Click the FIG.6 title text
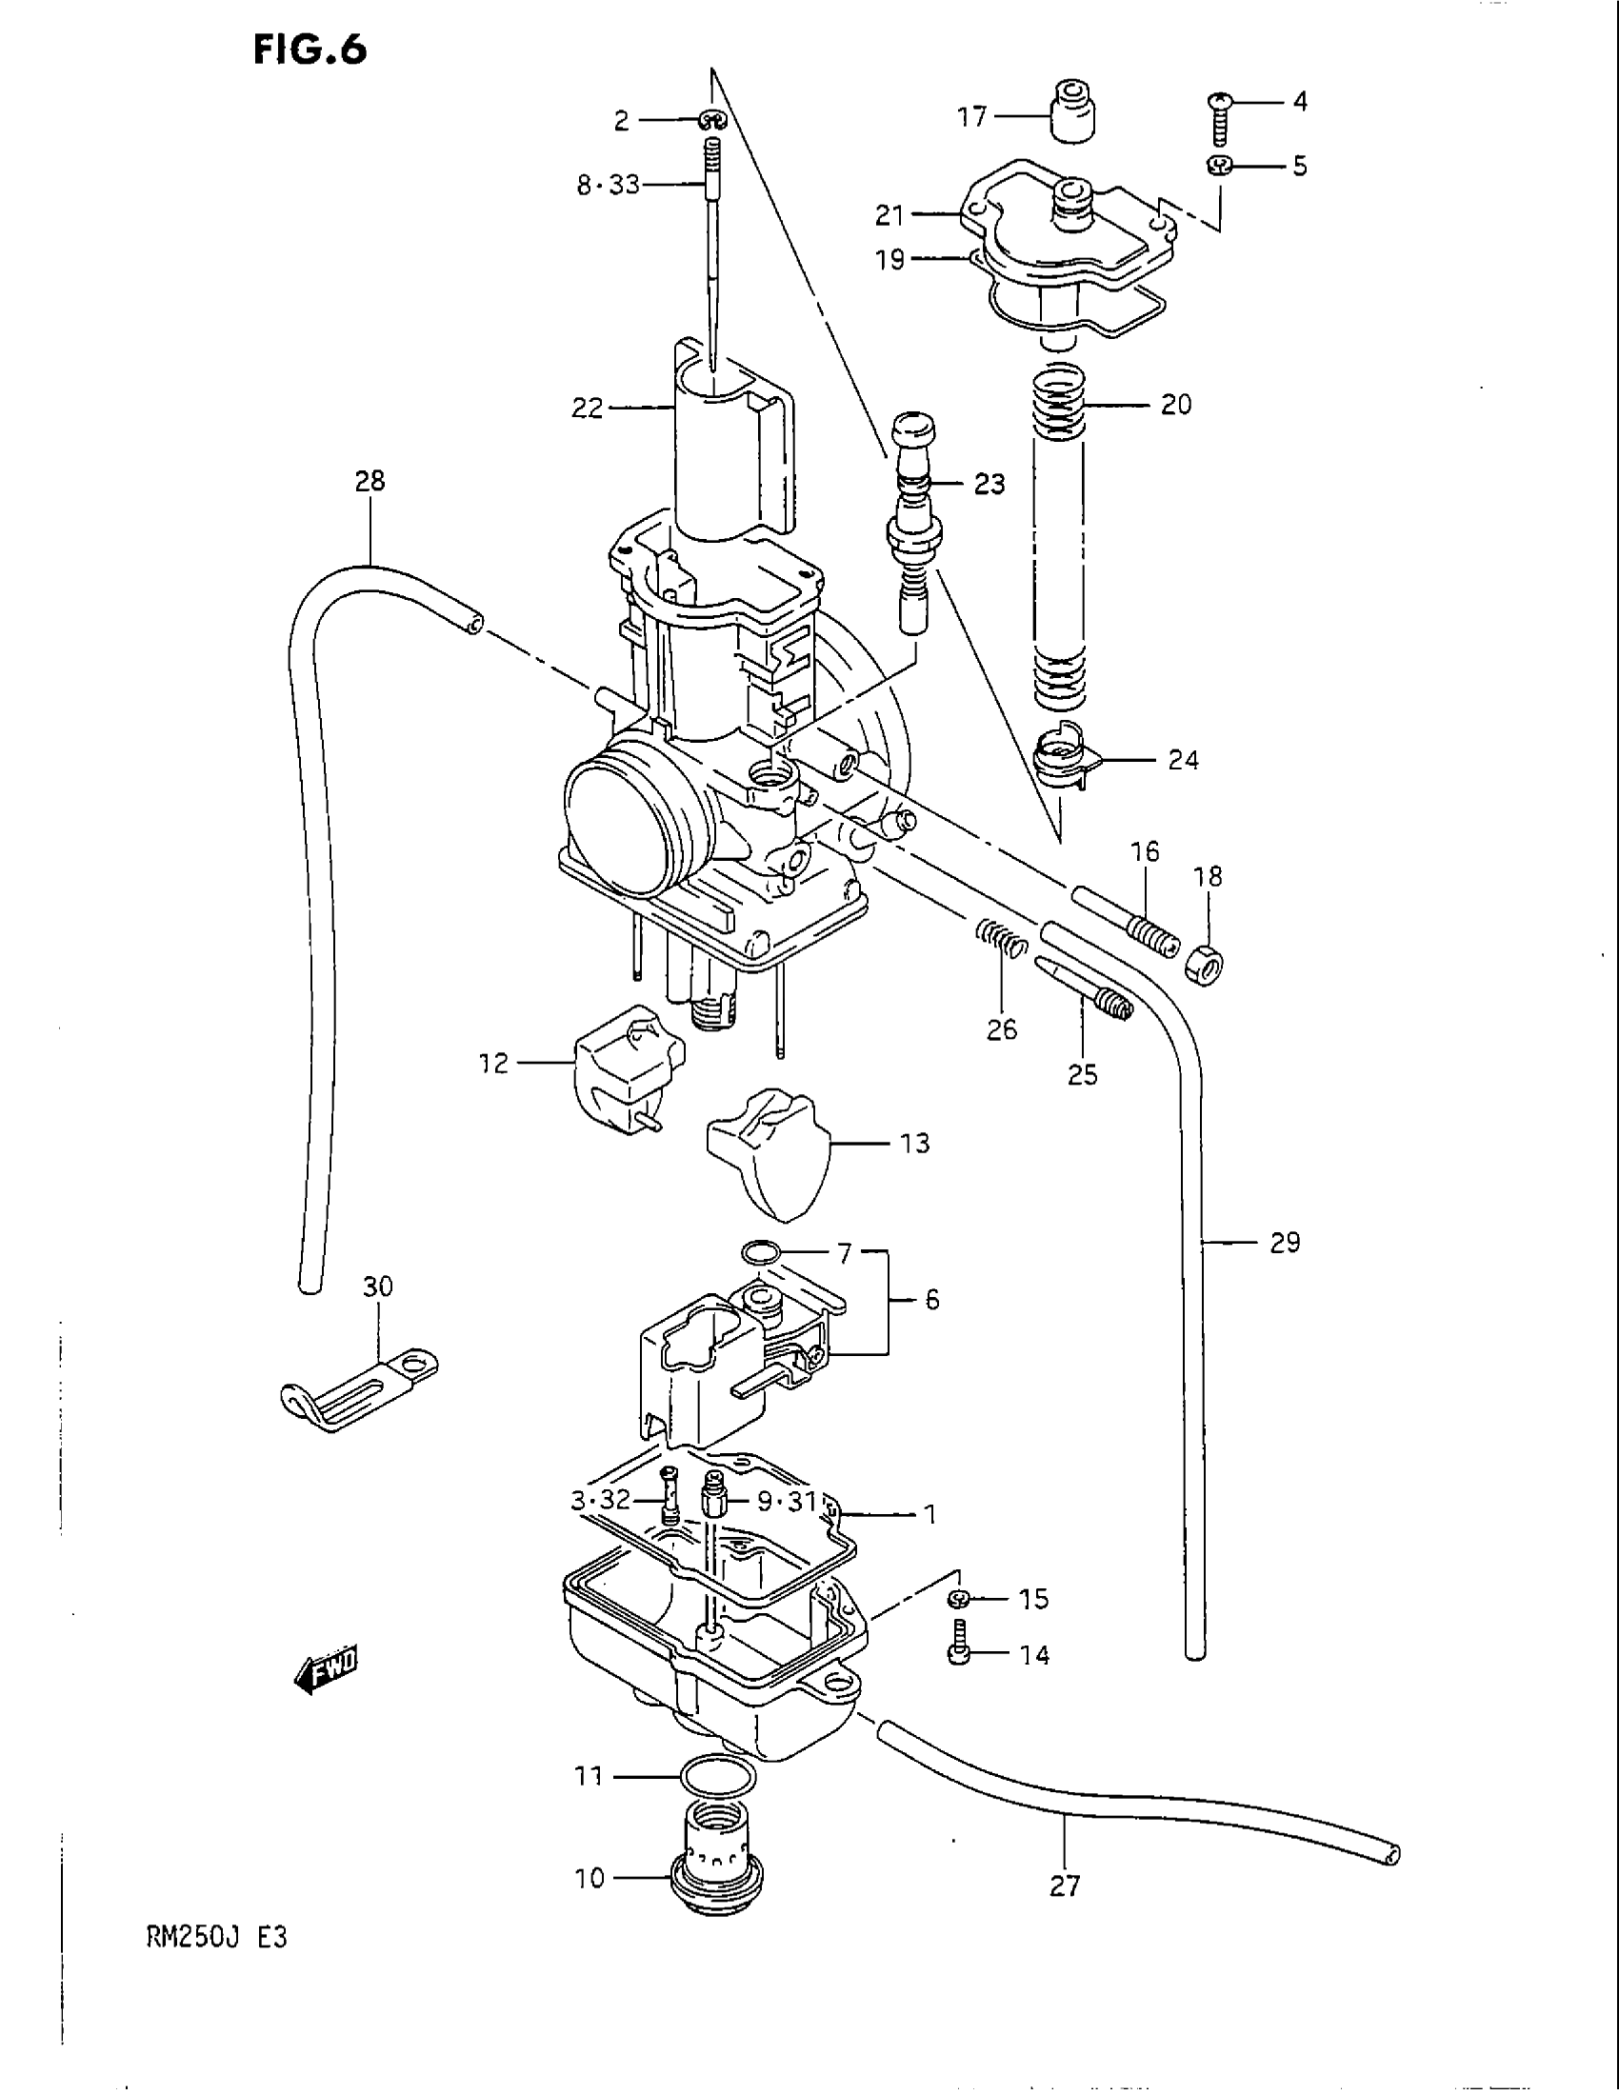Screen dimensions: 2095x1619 [x=310, y=49]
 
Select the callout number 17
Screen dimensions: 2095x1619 [x=971, y=117]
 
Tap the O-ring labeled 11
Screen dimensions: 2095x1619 [x=716, y=1777]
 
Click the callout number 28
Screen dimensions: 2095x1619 [x=370, y=480]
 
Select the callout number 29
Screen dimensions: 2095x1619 [x=1285, y=1242]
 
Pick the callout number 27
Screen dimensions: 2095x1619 [x=1065, y=1885]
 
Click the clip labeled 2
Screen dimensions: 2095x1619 [x=712, y=120]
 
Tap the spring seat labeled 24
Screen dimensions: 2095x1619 [x=1063, y=758]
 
